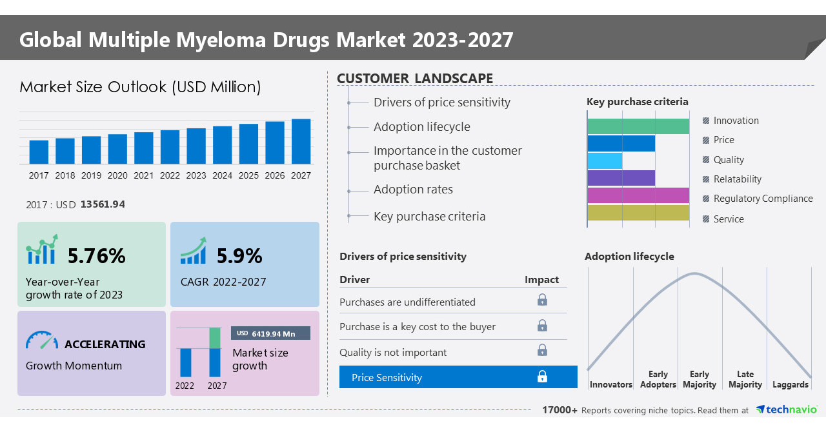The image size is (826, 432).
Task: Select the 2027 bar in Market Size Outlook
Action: pos(301,141)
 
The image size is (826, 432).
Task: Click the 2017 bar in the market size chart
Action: pos(39,152)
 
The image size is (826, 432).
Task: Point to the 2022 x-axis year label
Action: pos(170,175)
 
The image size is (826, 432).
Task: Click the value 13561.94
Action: pos(103,204)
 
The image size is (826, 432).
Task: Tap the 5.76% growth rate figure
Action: pos(96,256)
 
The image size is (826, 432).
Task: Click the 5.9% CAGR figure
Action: pos(239,256)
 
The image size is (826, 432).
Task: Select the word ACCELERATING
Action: pos(105,344)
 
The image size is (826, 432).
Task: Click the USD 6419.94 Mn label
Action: pos(270,333)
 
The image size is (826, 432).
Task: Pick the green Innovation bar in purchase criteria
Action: pos(638,126)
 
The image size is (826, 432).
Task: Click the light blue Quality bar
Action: pos(605,161)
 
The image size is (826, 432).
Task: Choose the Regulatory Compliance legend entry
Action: pos(763,199)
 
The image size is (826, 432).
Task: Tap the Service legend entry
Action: pos(729,219)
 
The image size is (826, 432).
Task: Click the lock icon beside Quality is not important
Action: pos(542,350)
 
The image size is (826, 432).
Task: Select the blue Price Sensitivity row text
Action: pos(387,378)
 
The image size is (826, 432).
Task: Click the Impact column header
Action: pos(541,280)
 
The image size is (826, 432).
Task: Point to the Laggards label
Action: pos(790,385)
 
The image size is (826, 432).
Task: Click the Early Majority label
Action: pos(699,380)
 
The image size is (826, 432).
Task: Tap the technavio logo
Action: pos(786,410)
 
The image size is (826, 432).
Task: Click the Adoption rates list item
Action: pos(413,190)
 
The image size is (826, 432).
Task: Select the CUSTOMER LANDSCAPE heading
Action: pos(415,79)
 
